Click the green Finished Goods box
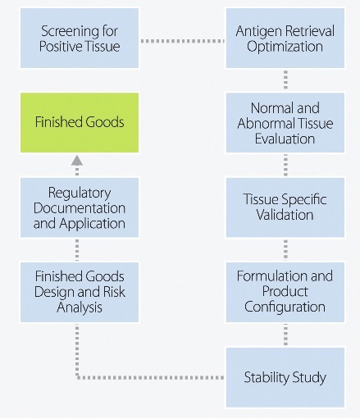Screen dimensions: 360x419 point(80,122)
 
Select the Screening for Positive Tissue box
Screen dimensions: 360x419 point(80,38)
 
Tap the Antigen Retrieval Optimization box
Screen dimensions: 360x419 point(285,38)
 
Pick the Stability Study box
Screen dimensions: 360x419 point(285,377)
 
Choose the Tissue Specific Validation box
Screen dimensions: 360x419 point(285,207)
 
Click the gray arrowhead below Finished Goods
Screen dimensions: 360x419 point(77,161)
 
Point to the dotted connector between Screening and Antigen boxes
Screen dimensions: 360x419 point(182,41)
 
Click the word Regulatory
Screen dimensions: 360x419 point(80,194)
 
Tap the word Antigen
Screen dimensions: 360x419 point(254,32)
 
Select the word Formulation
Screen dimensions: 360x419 point(271,276)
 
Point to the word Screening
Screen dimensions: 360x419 point(71,32)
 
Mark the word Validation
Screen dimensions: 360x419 point(285,215)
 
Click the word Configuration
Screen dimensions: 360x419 point(285,307)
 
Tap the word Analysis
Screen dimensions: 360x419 point(80,307)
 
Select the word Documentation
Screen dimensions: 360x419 point(80,208)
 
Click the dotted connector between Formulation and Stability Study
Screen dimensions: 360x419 point(285,335)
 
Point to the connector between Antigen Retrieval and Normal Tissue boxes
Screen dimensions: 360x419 point(285,80)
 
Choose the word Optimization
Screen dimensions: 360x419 point(285,47)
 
